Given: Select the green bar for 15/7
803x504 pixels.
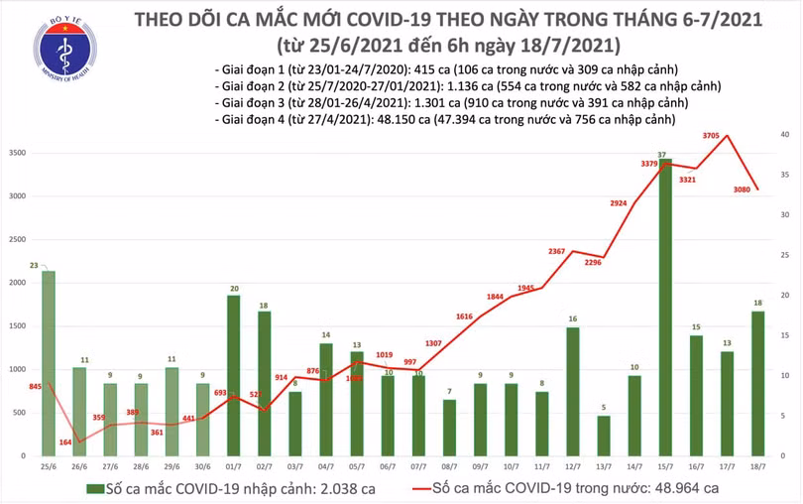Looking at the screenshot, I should pyautogui.click(x=664, y=308).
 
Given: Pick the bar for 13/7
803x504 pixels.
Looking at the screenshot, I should pyautogui.click(x=603, y=437).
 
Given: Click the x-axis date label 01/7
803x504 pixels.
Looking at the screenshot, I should pyautogui.click(x=233, y=466).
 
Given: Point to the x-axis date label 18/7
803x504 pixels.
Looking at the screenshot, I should pyautogui.click(x=756, y=466).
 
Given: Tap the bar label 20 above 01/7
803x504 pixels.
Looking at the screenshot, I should pyautogui.click(x=233, y=289).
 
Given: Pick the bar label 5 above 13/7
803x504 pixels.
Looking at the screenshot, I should pyautogui.click(x=603, y=408).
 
